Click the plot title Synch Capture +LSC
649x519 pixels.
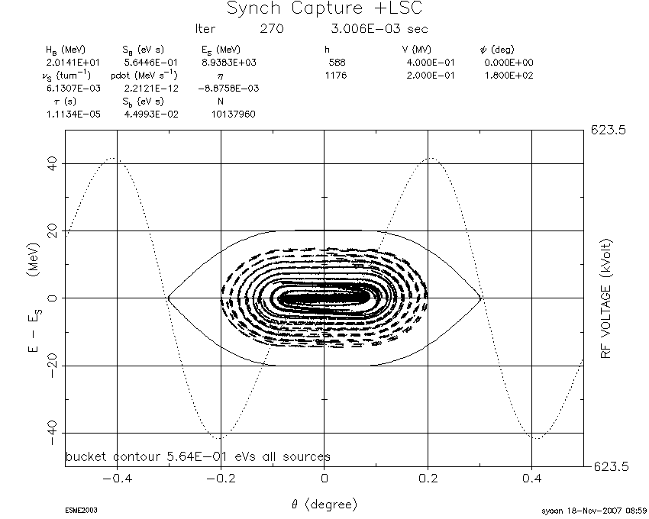click(x=325, y=8)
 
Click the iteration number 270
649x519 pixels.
click(x=272, y=28)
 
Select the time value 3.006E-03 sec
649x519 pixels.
click(x=379, y=28)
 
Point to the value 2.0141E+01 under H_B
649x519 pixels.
click(x=73, y=63)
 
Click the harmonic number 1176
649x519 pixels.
click(x=336, y=76)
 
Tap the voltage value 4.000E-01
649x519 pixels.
click(x=431, y=63)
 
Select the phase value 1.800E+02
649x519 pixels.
click(x=509, y=76)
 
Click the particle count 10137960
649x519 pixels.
click(x=234, y=114)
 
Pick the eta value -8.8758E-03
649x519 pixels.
click(x=228, y=89)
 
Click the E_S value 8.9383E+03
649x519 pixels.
click(x=229, y=63)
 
